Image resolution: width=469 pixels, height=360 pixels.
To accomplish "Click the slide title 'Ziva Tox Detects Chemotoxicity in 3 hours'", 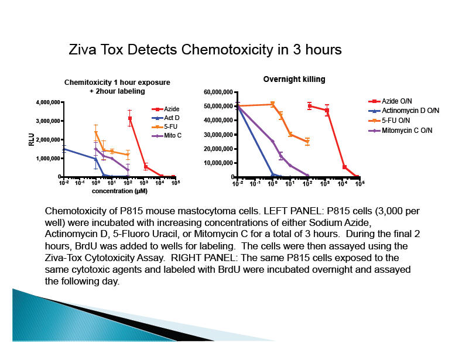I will [205, 50].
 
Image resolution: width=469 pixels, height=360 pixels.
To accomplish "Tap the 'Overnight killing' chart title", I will [294, 79].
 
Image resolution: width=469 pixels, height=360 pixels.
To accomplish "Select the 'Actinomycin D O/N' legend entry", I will [410, 111].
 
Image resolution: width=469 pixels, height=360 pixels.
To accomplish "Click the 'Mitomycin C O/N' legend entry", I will [406, 130].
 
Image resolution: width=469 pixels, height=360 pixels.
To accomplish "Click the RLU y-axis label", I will [32, 139].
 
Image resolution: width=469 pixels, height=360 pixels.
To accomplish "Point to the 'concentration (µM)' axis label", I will [119, 191].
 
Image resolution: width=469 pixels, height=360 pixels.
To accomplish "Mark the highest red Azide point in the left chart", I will [129, 119].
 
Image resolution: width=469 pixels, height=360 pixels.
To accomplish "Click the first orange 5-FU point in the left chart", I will [95, 133].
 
